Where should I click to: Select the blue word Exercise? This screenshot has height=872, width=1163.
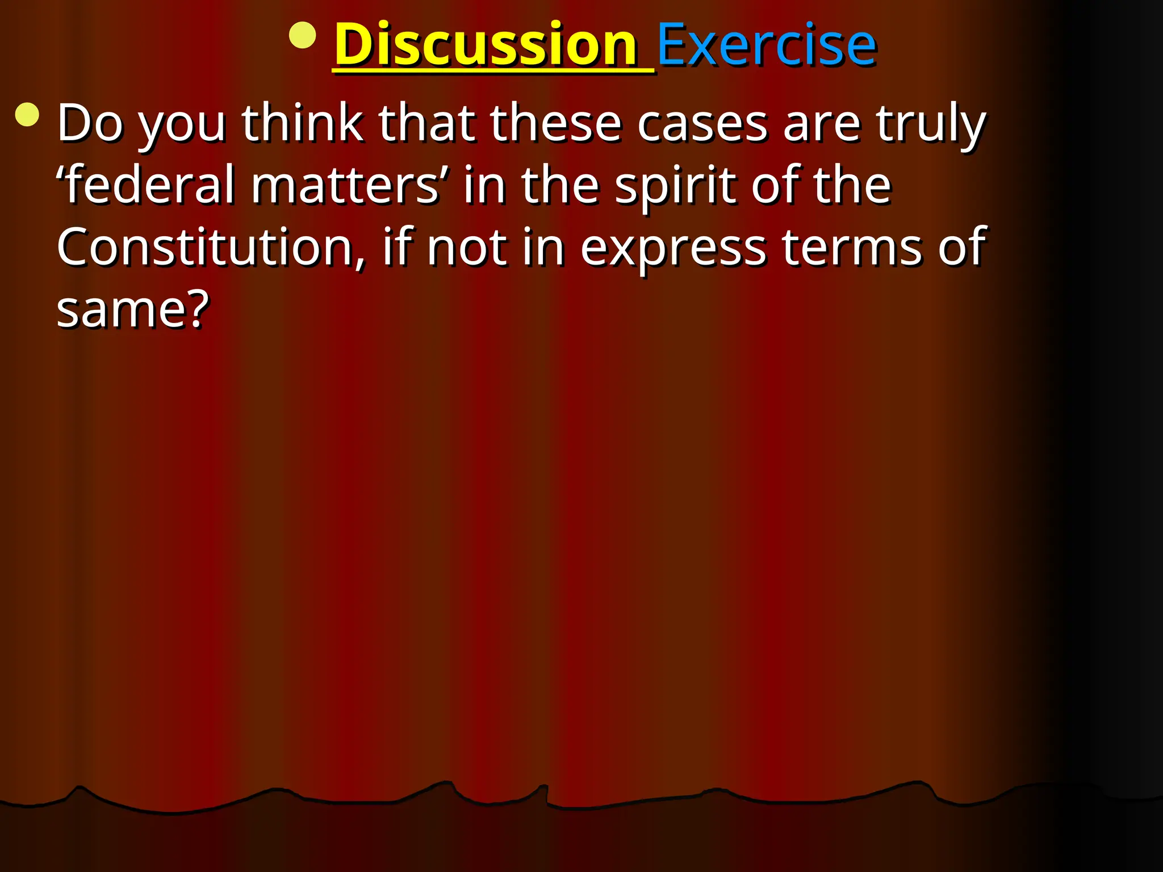767,44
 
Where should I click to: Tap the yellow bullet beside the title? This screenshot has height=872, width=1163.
302,35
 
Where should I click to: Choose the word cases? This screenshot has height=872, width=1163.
702,124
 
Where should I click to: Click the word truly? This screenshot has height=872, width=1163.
931,124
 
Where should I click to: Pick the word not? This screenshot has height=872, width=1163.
467,248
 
